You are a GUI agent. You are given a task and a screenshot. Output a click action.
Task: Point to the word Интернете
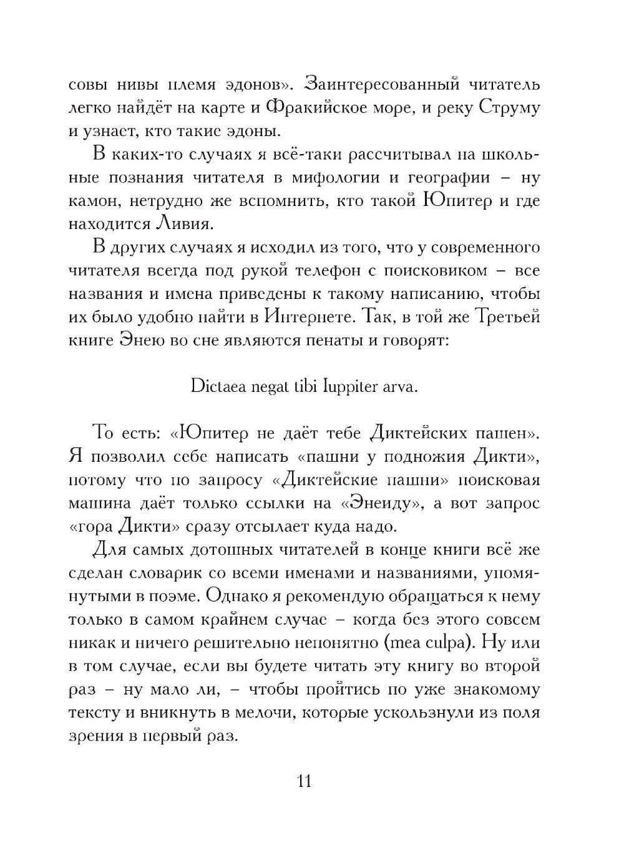[x=305, y=318]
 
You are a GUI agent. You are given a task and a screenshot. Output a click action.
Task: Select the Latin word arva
[x=401, y=387]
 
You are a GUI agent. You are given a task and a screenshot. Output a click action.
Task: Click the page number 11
[x=305, y=781]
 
